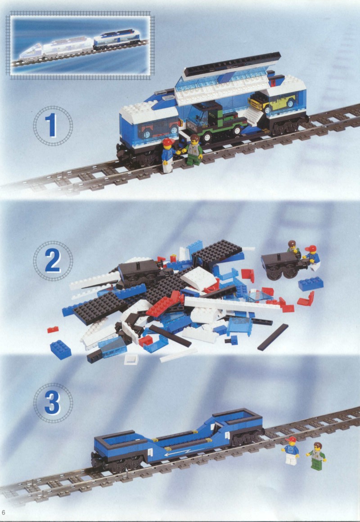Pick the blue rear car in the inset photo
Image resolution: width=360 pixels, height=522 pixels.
(x=117, y=39)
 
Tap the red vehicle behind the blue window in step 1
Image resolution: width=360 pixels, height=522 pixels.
(x=157, y=129)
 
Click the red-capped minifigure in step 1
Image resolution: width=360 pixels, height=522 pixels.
(x=168, y=155)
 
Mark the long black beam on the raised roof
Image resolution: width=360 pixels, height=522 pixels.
(x=232, y=65)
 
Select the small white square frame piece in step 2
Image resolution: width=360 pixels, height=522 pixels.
(x=131, y=359)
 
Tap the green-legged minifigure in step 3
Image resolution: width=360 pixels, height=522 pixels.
(x=316, y=456)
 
